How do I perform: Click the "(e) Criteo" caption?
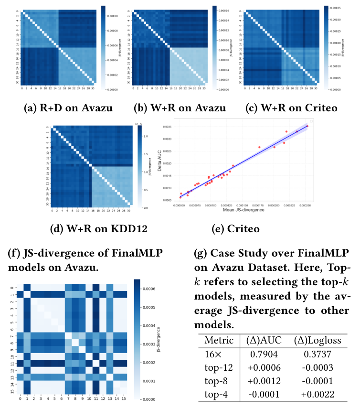[x=235, y=229]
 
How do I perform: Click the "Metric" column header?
[x=217, y=340]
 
